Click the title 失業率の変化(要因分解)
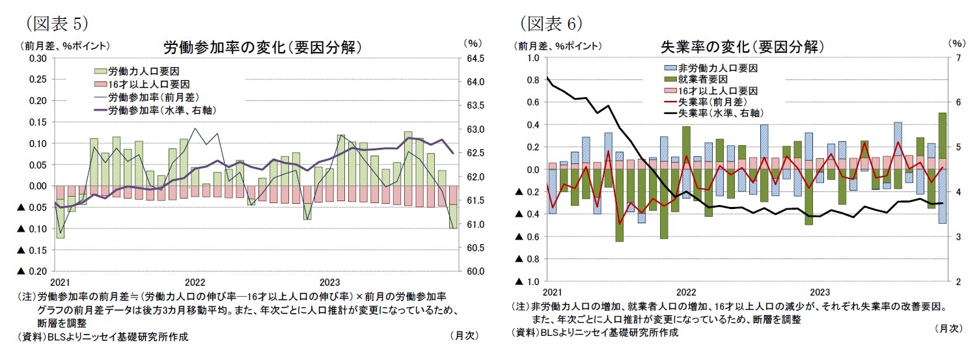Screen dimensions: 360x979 tap(742, 47)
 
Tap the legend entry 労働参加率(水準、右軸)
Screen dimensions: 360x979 tap(161, 111)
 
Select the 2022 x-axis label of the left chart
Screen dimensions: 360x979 tap(195, 283)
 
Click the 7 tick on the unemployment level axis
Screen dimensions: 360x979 tap(956, 58)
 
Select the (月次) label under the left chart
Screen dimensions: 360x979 tap(464, 336)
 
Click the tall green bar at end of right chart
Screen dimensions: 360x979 tap(942, 135)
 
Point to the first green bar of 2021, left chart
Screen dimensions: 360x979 tap(60, 219)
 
